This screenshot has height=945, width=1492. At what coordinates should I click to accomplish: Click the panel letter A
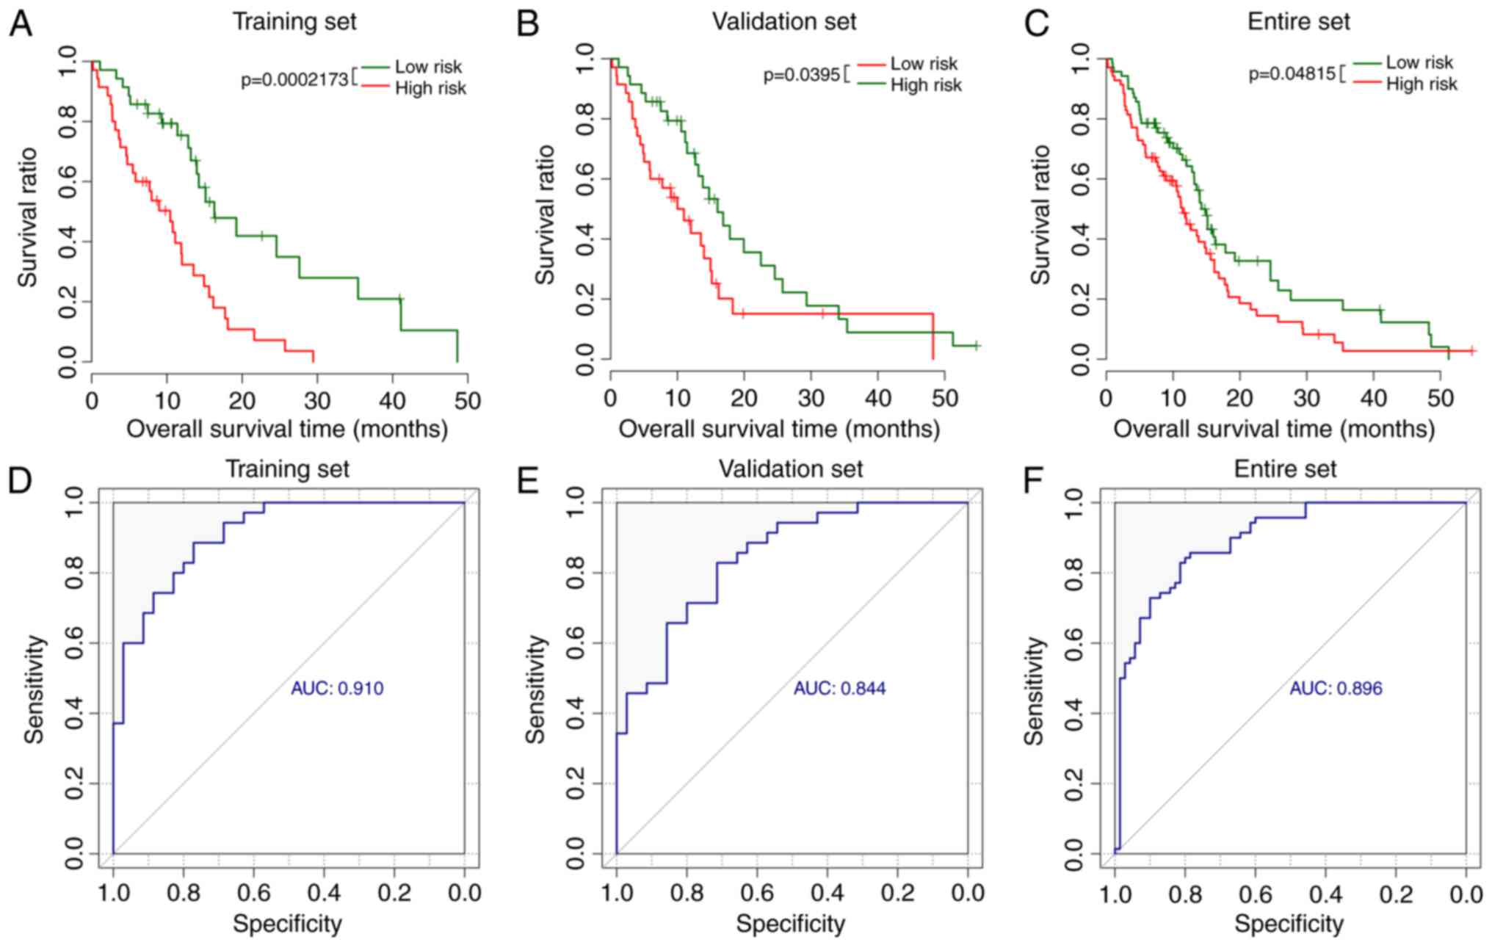click(x=21, y=24)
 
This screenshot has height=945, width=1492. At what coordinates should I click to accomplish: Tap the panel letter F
click(x=1034, y=482)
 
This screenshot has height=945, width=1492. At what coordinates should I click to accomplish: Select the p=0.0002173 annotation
click(x=294, y=79)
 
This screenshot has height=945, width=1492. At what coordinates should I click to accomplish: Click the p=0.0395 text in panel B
click(x=801, y=75)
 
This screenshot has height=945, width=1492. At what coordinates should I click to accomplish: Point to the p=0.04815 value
click(x=1292, y=74)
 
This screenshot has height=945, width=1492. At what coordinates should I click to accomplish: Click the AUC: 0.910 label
click(x=337, y=689)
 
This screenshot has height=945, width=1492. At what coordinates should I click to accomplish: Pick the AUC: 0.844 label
click(x=839, y=689)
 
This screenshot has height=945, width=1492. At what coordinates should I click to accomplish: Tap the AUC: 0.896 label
click(x=1336, y=689)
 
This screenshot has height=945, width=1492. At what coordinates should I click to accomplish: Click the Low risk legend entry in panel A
click(x=428, y=67)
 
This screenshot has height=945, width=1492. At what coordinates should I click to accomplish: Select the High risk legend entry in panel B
click(x=925, y=85)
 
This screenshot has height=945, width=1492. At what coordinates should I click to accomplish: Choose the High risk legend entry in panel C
click(x=1421, y=84)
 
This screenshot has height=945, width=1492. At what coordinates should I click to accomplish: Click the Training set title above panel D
click(x=287, y=468)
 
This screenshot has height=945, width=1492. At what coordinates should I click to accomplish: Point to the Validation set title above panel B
click(x=783, y=21)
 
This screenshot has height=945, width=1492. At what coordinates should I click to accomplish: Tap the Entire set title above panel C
click(x=1298, y=21)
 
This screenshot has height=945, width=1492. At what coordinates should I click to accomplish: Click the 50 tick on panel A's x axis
click(x=468, y=401)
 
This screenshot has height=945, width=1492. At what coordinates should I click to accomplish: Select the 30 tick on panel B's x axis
click(x=811, y=398)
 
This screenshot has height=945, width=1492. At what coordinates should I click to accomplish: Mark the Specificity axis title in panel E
click(x=790, y=923)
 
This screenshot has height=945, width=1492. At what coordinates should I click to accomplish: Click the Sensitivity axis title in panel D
click(x=34, y=689)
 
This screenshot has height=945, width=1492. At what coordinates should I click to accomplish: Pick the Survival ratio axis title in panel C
click(x=1040, y=214)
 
